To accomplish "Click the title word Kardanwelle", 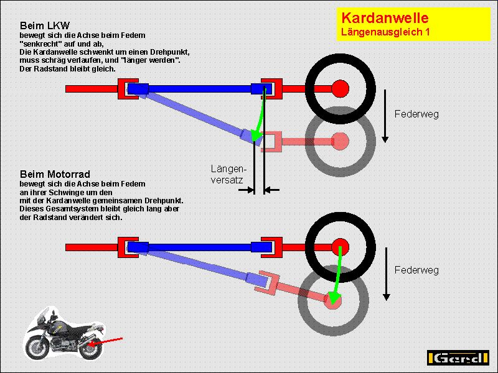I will coord(384,19).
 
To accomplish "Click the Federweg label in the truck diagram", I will coord(416,114).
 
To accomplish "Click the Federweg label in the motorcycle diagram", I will coord(416,270).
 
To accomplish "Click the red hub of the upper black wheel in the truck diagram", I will coord(339,89).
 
